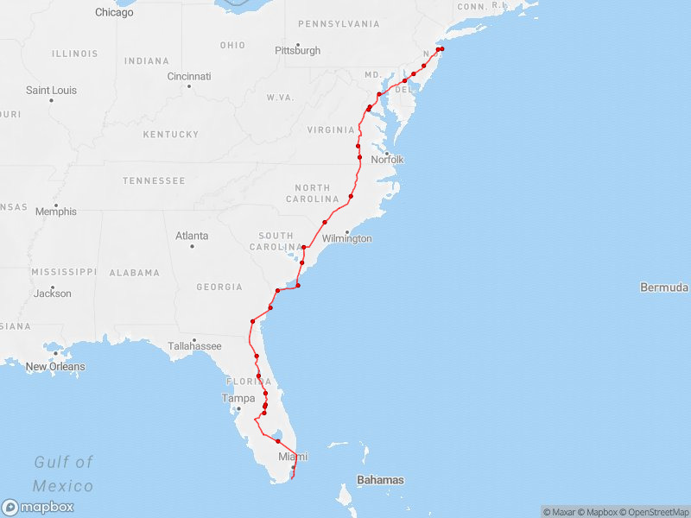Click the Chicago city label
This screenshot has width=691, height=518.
click(114, 13)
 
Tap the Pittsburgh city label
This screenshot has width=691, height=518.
click(297, 51)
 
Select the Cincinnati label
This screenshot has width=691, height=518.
click(189, 77)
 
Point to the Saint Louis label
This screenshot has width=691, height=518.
click(51, 91)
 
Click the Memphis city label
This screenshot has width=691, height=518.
click(55, 212)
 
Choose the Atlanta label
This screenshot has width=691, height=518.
click(192, 236)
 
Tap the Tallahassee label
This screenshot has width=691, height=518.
click(194, 346)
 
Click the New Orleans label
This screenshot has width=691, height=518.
click(55, 367)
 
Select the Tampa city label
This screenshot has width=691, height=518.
click(238, 399)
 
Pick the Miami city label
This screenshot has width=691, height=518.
click(293, 457)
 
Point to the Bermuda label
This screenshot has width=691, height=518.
click(664, 287)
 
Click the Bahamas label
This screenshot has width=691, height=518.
click(380, 480)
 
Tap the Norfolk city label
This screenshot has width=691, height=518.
click(387, 160)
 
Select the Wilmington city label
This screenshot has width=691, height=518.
click(346, 239)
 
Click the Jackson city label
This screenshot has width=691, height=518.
click(54, 294)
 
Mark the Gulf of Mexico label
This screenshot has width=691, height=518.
click(63, 474)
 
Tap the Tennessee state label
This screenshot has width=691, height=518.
click(154, 181)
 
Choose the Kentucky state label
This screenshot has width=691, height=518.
click(170, 135)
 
